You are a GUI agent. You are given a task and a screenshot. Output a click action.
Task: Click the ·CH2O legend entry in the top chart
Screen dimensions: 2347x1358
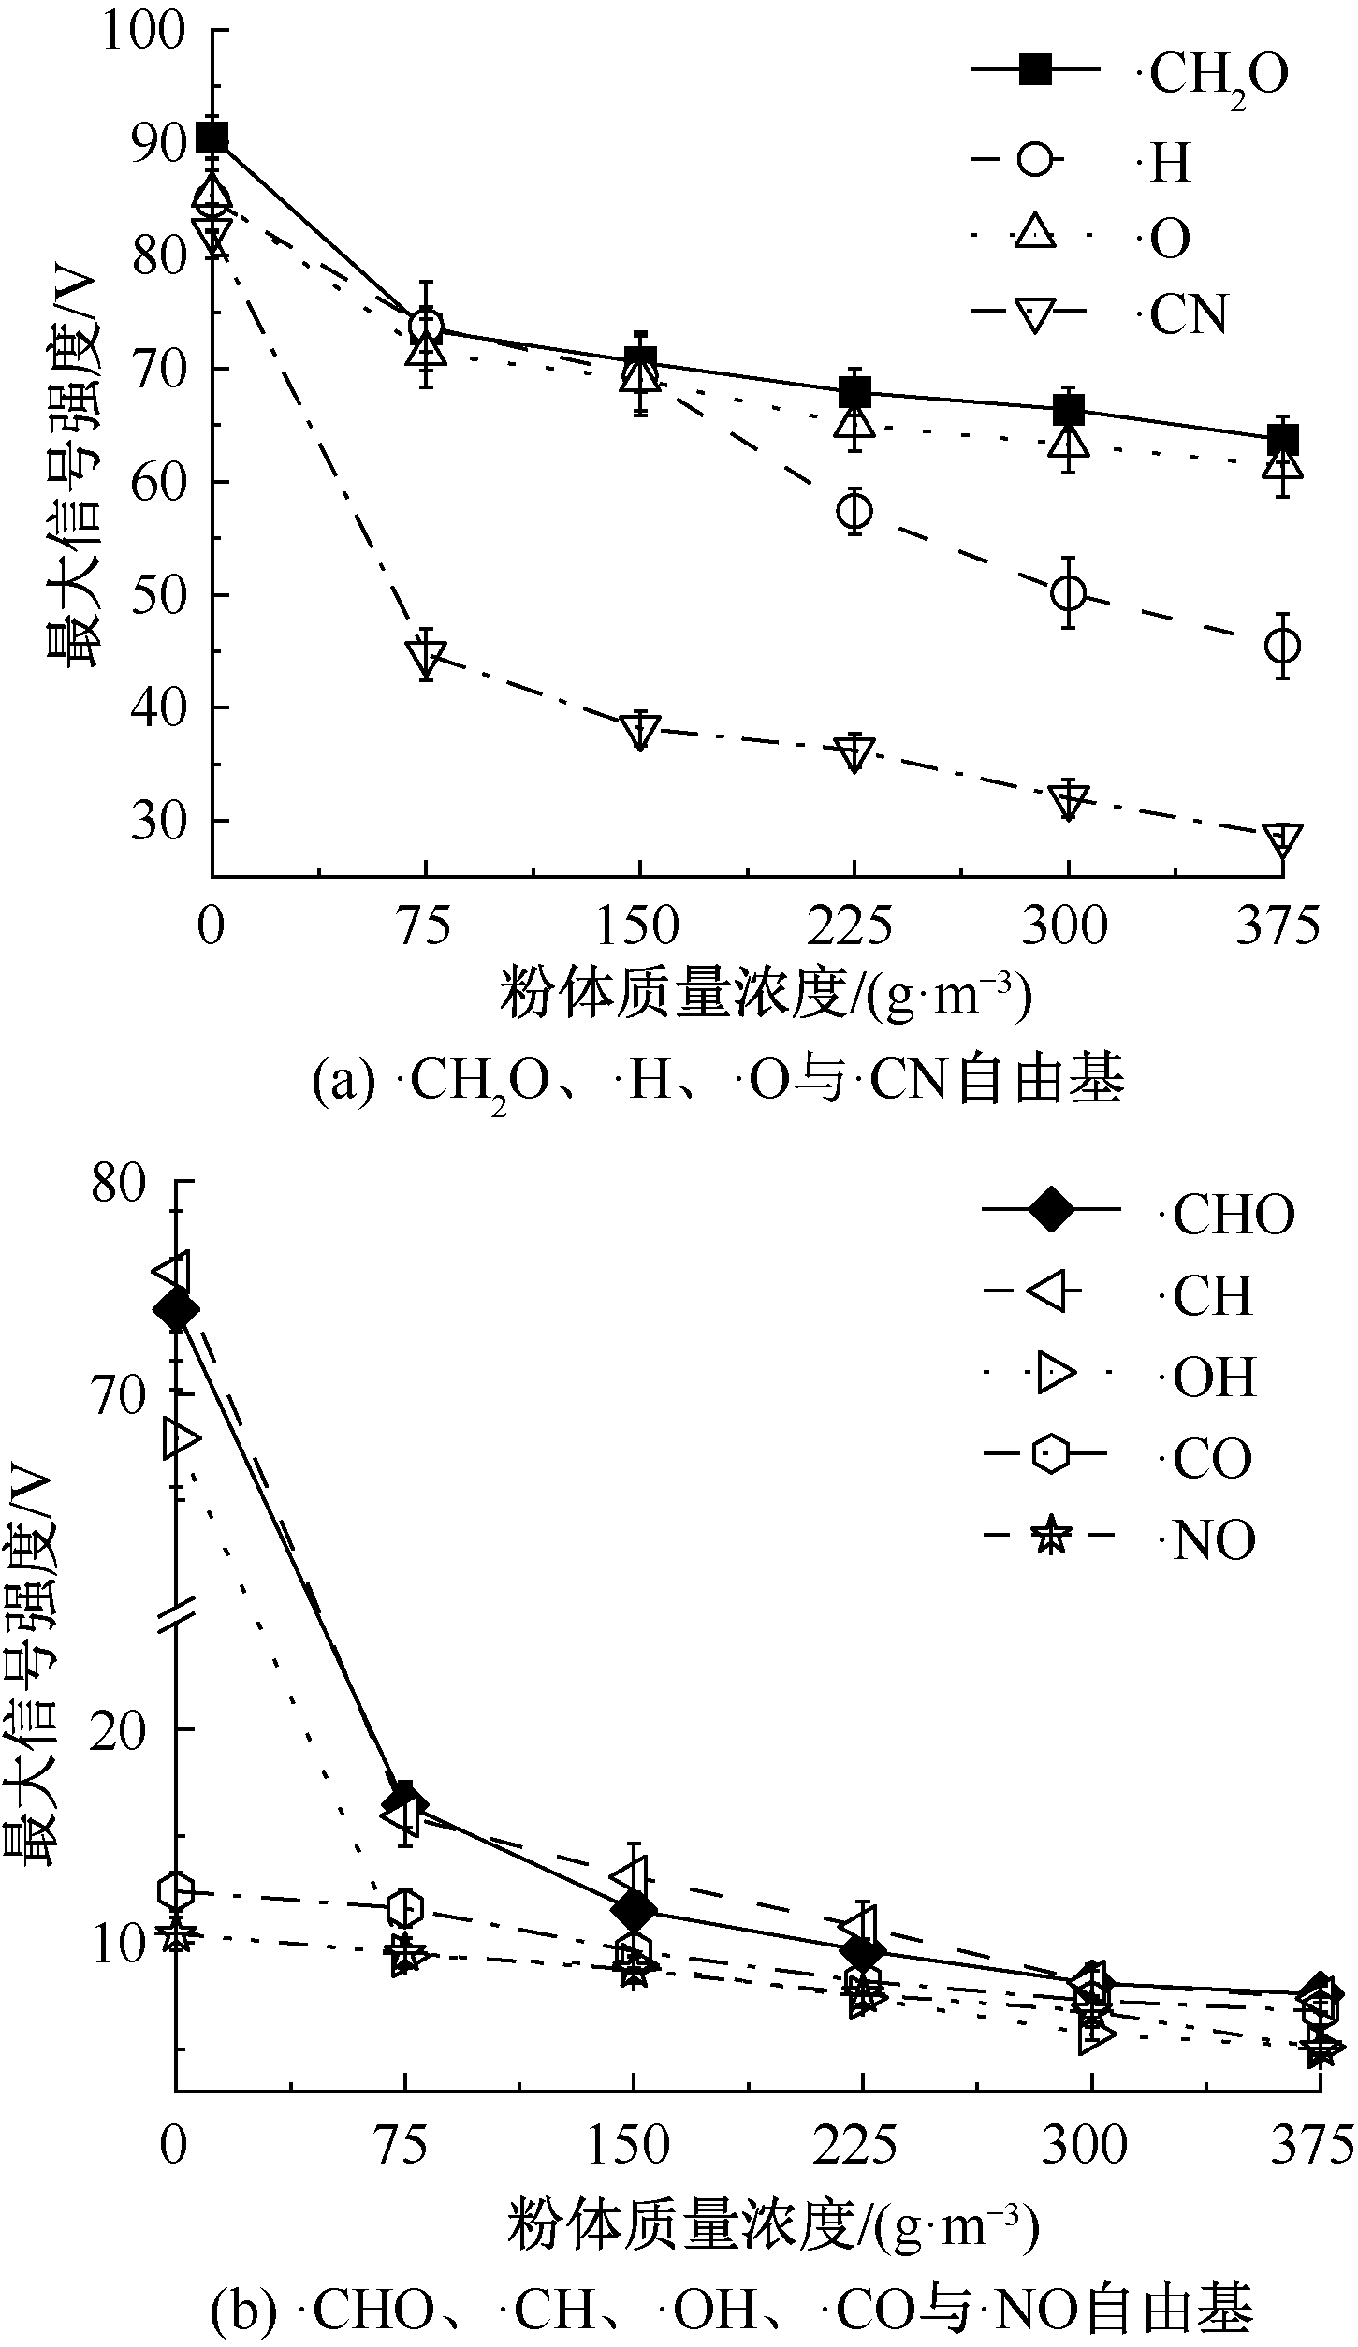pos(1217,75)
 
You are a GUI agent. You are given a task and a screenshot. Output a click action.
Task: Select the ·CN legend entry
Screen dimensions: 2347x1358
pos(1187,315)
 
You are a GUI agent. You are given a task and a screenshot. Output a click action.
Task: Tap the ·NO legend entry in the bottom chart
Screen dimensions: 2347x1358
pos(1213,1540)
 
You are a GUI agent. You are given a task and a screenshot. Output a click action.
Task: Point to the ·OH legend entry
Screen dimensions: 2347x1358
pos(1214,1378)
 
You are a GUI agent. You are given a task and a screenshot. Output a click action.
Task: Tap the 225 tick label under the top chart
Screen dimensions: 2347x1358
pos(851,926)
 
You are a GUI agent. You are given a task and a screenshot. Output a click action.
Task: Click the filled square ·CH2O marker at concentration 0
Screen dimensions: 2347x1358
pos(212,138)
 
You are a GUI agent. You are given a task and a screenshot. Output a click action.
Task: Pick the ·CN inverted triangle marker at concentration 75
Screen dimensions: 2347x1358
pos(426,656)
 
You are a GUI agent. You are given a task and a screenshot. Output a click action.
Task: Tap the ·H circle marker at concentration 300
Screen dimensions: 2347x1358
pos(1068,592)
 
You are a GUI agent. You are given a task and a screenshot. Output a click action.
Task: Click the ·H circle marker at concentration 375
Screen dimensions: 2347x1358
pos(1282,646)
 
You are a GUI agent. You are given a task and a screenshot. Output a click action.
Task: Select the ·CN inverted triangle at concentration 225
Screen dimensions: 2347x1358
pos(854,751)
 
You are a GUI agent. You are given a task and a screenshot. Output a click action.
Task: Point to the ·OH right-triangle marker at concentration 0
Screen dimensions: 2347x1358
pos(180,1439)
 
